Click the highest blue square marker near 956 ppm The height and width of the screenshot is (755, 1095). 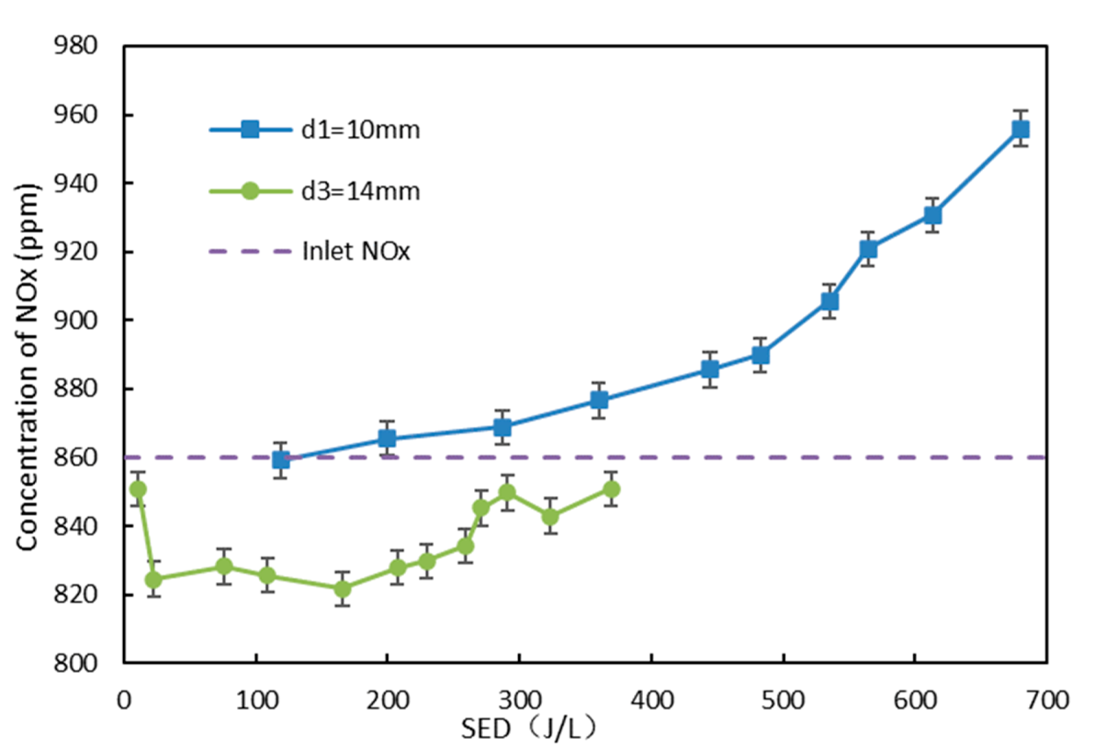point(1020,130)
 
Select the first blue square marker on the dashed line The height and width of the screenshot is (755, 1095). point(281,460)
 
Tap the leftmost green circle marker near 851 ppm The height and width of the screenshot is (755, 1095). point(138,489)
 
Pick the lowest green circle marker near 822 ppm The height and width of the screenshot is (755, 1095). point(342,589)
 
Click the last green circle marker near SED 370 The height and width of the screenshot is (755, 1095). point(611,489)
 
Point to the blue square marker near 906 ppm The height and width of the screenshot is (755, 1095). point(830,302)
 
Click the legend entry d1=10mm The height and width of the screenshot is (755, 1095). point(360,130)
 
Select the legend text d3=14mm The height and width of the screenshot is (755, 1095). point(360,191)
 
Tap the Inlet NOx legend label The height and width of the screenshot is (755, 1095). point(356,251)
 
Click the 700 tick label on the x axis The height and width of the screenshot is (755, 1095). point(1047,700)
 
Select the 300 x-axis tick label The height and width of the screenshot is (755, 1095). point(519,700)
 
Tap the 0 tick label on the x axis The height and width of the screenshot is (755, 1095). point(124,700)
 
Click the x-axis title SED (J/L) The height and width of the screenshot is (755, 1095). point(528,729)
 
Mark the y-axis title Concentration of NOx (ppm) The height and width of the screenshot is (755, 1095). point(28,367)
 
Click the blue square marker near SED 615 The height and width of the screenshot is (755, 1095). point(933,216)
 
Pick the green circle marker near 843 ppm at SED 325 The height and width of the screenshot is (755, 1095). point(550,517)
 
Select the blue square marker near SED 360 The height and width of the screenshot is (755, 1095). point(599,400)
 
